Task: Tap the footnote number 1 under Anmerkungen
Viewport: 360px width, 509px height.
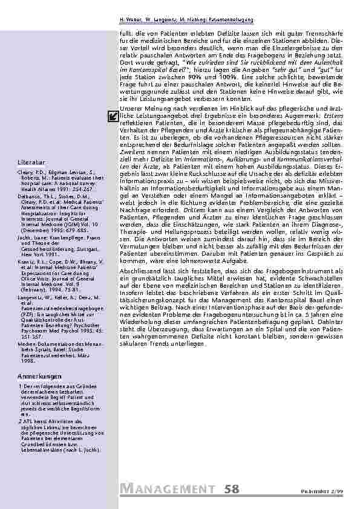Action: tap(21, 386)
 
